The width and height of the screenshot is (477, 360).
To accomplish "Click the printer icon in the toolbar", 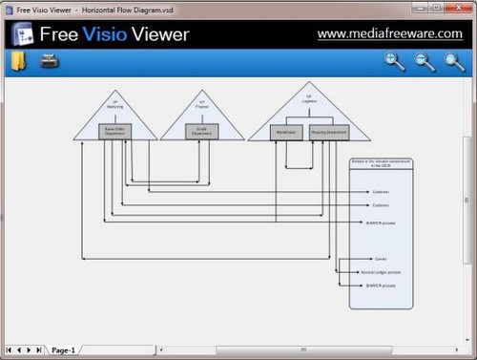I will click(x=50, y=62).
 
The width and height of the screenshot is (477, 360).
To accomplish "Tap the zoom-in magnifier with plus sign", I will click(x=394, y=62).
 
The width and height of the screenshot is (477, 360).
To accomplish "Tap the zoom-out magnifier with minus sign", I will click(x=425, y=62).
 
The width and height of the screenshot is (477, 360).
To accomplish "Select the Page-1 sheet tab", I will click(x=63, y=350).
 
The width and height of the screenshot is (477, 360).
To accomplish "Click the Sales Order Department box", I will click(x=114, y=132).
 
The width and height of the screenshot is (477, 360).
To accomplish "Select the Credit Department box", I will click(x=202, y=132).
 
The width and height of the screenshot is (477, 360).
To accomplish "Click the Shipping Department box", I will click(x=328, y=133).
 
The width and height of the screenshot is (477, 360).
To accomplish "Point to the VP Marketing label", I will click(x=114, y=104).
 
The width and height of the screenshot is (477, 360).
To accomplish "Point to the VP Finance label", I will click(x=202, y=104).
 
